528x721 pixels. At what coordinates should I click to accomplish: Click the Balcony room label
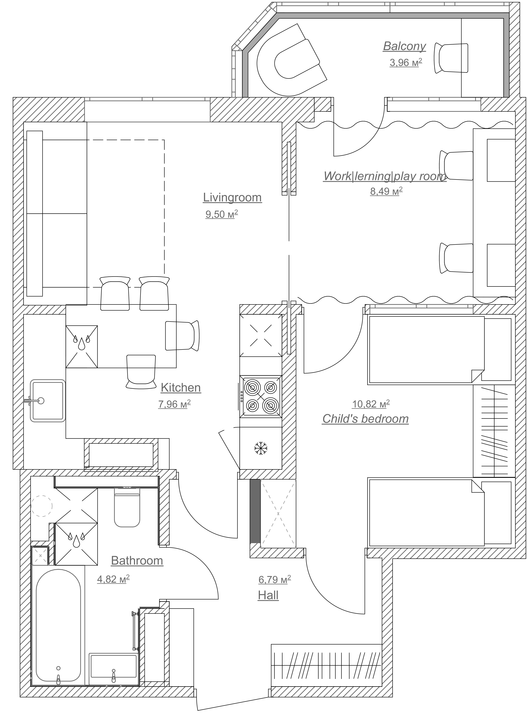[x=404, y=46]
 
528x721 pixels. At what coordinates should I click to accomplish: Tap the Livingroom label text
[x=232, y=198]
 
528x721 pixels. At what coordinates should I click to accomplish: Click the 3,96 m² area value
[x=406, y=62]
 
